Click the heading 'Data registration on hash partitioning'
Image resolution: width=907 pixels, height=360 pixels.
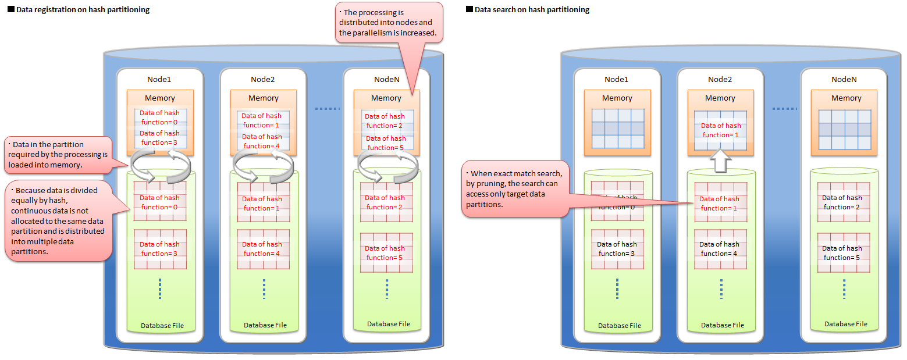pos(82,10)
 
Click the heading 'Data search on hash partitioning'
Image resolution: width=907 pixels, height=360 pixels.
pos(531,10)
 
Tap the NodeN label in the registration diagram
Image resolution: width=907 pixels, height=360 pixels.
pos(386,79)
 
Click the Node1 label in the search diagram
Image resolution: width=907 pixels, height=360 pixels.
pos(617,79)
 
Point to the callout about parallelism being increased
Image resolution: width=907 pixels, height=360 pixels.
pos(390,22)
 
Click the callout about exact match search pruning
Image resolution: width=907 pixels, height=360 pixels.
pos(515,188)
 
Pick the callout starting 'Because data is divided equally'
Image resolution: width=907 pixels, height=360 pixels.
pos(58,222)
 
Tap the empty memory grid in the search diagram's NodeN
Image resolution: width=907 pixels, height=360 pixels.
pos(846,129)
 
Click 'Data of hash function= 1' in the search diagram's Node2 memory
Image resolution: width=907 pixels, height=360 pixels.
pos(721,130)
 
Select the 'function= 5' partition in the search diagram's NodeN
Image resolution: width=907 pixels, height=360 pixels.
pos(842,252)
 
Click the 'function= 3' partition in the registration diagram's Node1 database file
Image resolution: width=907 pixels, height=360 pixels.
pos(160,249)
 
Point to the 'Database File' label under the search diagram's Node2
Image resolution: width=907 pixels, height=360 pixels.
pos(722,325)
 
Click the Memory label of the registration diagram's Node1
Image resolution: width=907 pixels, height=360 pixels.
pos(160,98)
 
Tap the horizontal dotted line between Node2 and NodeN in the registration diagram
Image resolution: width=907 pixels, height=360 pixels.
pos(326,109)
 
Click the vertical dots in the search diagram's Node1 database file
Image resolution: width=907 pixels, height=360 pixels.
pos(617,288)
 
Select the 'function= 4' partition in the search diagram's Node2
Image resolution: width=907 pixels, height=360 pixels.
pos(720,249)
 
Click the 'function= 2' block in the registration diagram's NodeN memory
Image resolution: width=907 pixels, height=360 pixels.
pos(385,121)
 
